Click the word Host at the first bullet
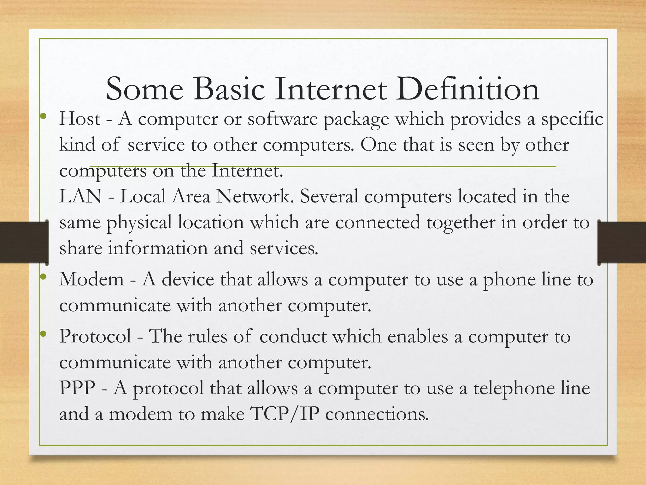[80, 119]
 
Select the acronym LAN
[80, 196]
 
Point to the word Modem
[91, 279]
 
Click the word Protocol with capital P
[95, 336]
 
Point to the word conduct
[293, 336]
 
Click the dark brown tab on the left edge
[24, 242]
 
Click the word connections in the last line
[377, 414]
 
